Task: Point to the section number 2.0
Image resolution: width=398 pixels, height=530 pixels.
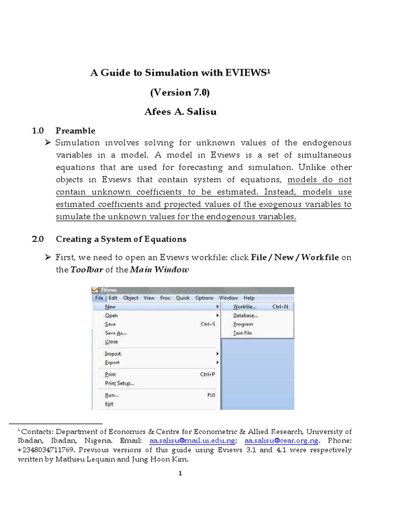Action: click(38, 239)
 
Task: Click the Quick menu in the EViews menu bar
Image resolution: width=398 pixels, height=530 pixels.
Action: click(183, 298)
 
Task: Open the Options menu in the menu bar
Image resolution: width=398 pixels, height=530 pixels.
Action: click(204, 298)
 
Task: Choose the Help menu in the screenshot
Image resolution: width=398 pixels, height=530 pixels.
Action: click(249, 298)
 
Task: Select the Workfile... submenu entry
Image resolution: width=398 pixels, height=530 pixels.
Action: click(245, 306)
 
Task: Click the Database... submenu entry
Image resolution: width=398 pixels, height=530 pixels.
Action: click(246, 315)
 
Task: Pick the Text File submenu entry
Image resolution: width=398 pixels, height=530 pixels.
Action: click(243, 333)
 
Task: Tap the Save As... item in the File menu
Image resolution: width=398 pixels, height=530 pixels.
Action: click(115, 333)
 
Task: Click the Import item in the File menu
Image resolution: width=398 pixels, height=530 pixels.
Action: click(112, 354)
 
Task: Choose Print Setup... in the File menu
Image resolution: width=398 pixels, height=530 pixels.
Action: click(119, 383)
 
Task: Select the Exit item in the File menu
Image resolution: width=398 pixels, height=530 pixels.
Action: click(109, 404)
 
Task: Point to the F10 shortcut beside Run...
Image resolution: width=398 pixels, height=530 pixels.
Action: click(211, 395)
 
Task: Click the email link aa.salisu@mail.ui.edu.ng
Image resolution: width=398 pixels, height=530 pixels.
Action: click(192, 440)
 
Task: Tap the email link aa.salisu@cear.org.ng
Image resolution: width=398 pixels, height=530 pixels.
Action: click(281, 440)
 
